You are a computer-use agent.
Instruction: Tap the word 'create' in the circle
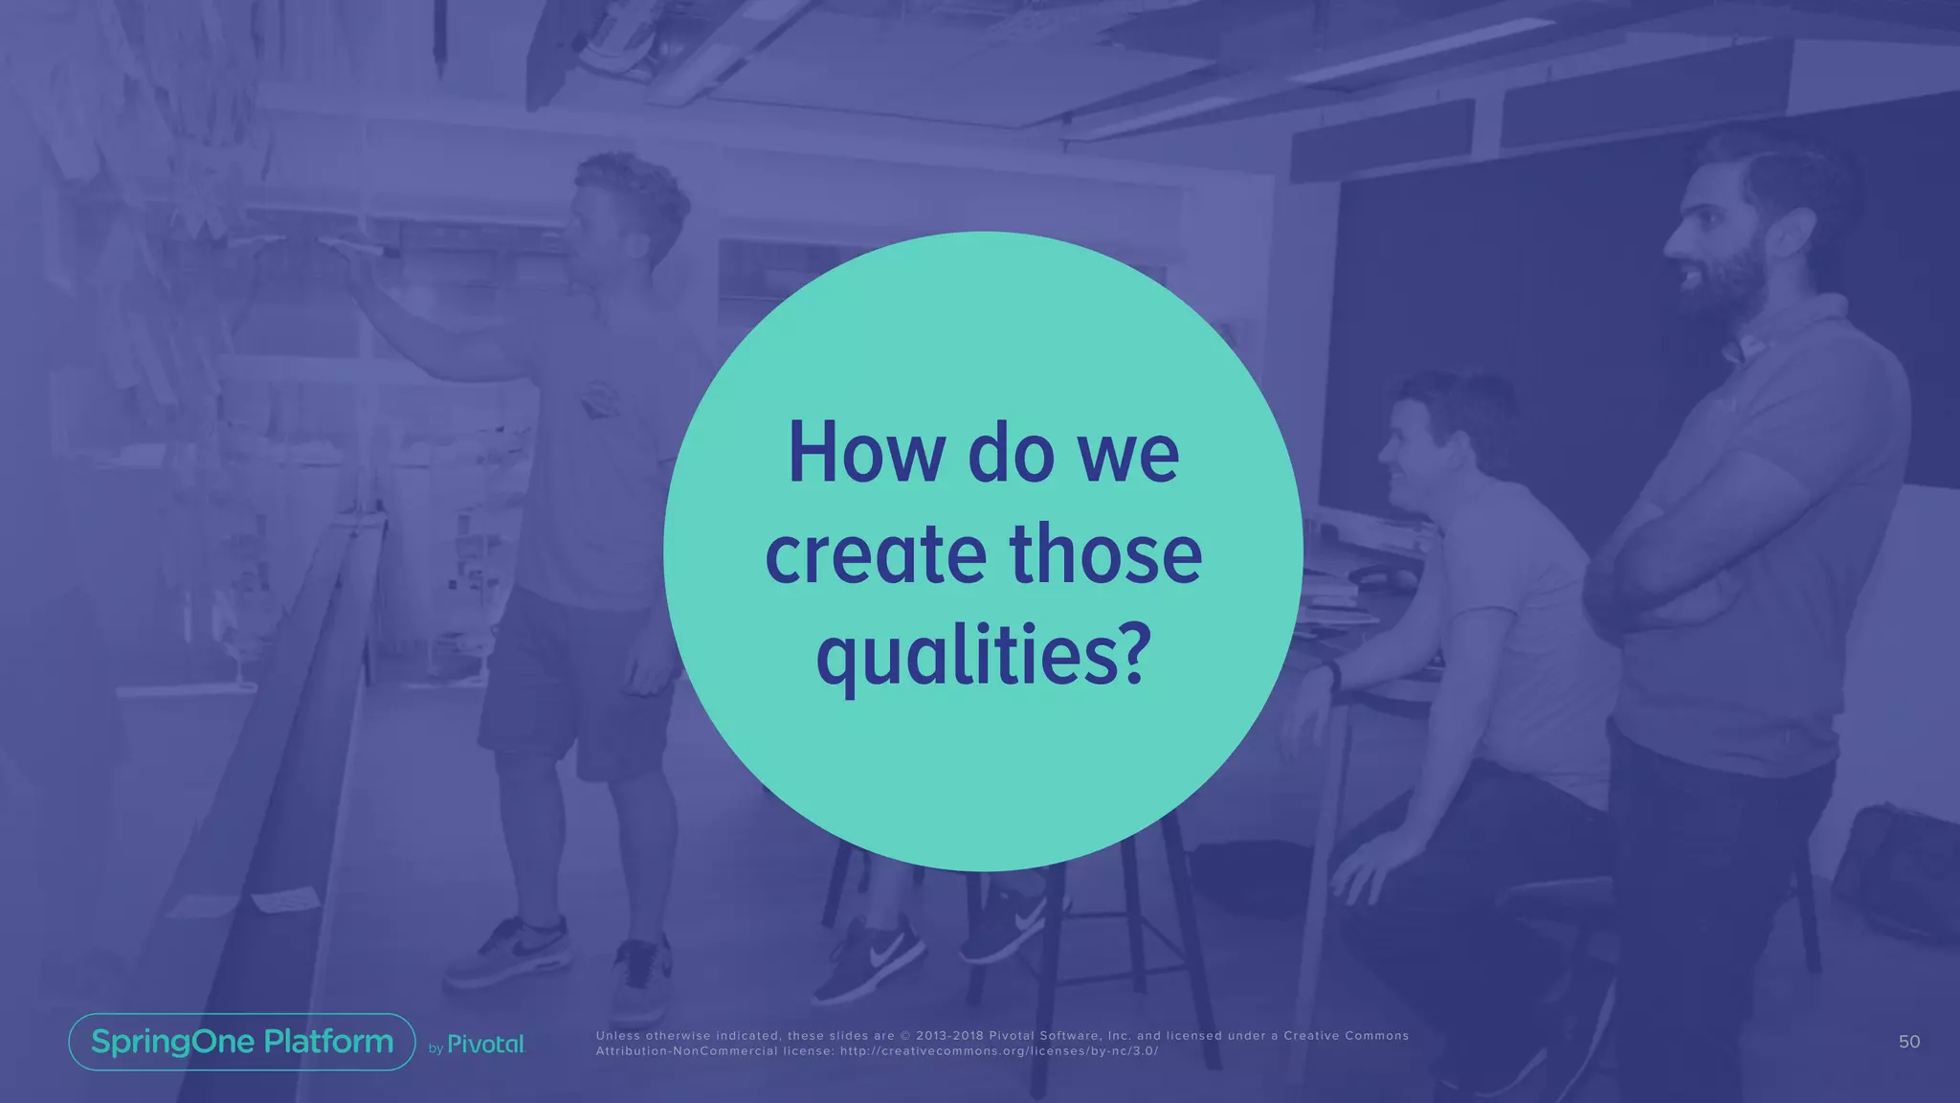(876, 555)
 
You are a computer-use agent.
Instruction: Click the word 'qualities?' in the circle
(982, 658)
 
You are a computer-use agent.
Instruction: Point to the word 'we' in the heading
(1129, 455)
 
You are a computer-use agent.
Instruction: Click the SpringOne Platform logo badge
(242, 1042)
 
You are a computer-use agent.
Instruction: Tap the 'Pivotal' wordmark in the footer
(485, 1045)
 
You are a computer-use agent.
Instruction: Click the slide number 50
(1908, 1042)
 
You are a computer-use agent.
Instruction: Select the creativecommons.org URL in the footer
(999, 1051)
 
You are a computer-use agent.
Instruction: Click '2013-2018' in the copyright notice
(949, 1036)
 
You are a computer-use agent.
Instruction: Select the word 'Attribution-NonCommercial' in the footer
(686, 1051)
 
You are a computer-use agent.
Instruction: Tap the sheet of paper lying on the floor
(284, 899)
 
